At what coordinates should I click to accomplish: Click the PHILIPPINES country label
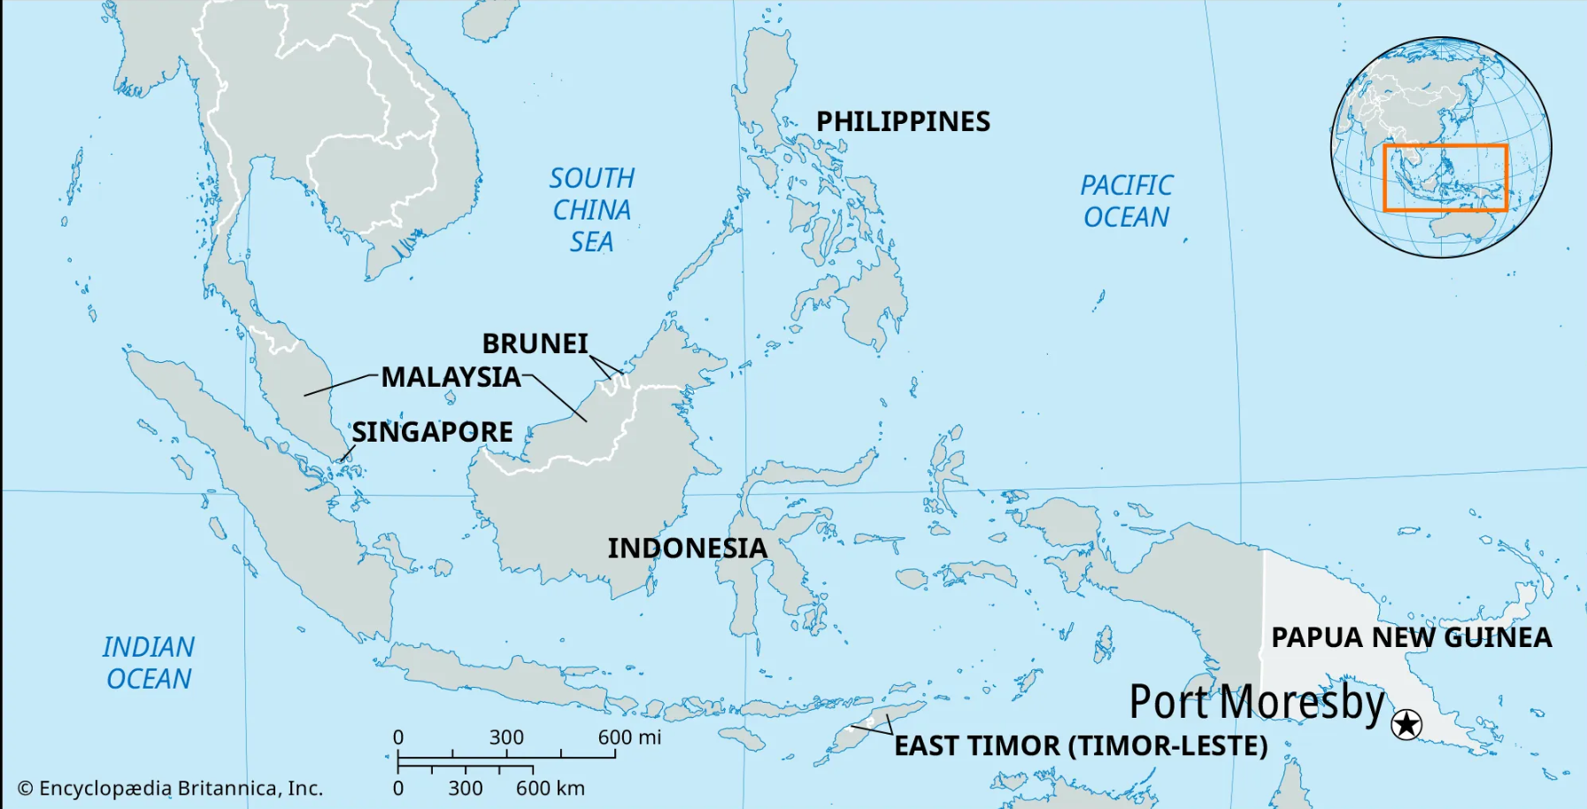(903, 121)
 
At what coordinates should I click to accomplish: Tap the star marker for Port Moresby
(1406, 724)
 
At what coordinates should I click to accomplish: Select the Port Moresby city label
(1257, 703)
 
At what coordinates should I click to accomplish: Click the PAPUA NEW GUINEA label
(1411, 637)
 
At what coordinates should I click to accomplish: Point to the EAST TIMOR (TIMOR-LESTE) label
(1081, 745)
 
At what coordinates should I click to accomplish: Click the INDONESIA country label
(687, 548)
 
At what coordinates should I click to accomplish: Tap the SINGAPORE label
(432, 432)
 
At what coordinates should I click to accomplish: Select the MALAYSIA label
(451, 377)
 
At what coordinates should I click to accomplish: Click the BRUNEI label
(535, 343)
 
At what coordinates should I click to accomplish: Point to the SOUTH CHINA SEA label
(591, 210)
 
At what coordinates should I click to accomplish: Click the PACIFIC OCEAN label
(1126, 201)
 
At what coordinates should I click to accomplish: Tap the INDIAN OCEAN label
(148, 663)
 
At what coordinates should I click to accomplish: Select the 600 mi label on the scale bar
(629, 737)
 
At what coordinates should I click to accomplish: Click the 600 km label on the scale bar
(550, 788)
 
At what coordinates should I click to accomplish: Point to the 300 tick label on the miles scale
(506, 737)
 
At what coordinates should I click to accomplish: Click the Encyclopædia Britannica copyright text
(170, 788)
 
